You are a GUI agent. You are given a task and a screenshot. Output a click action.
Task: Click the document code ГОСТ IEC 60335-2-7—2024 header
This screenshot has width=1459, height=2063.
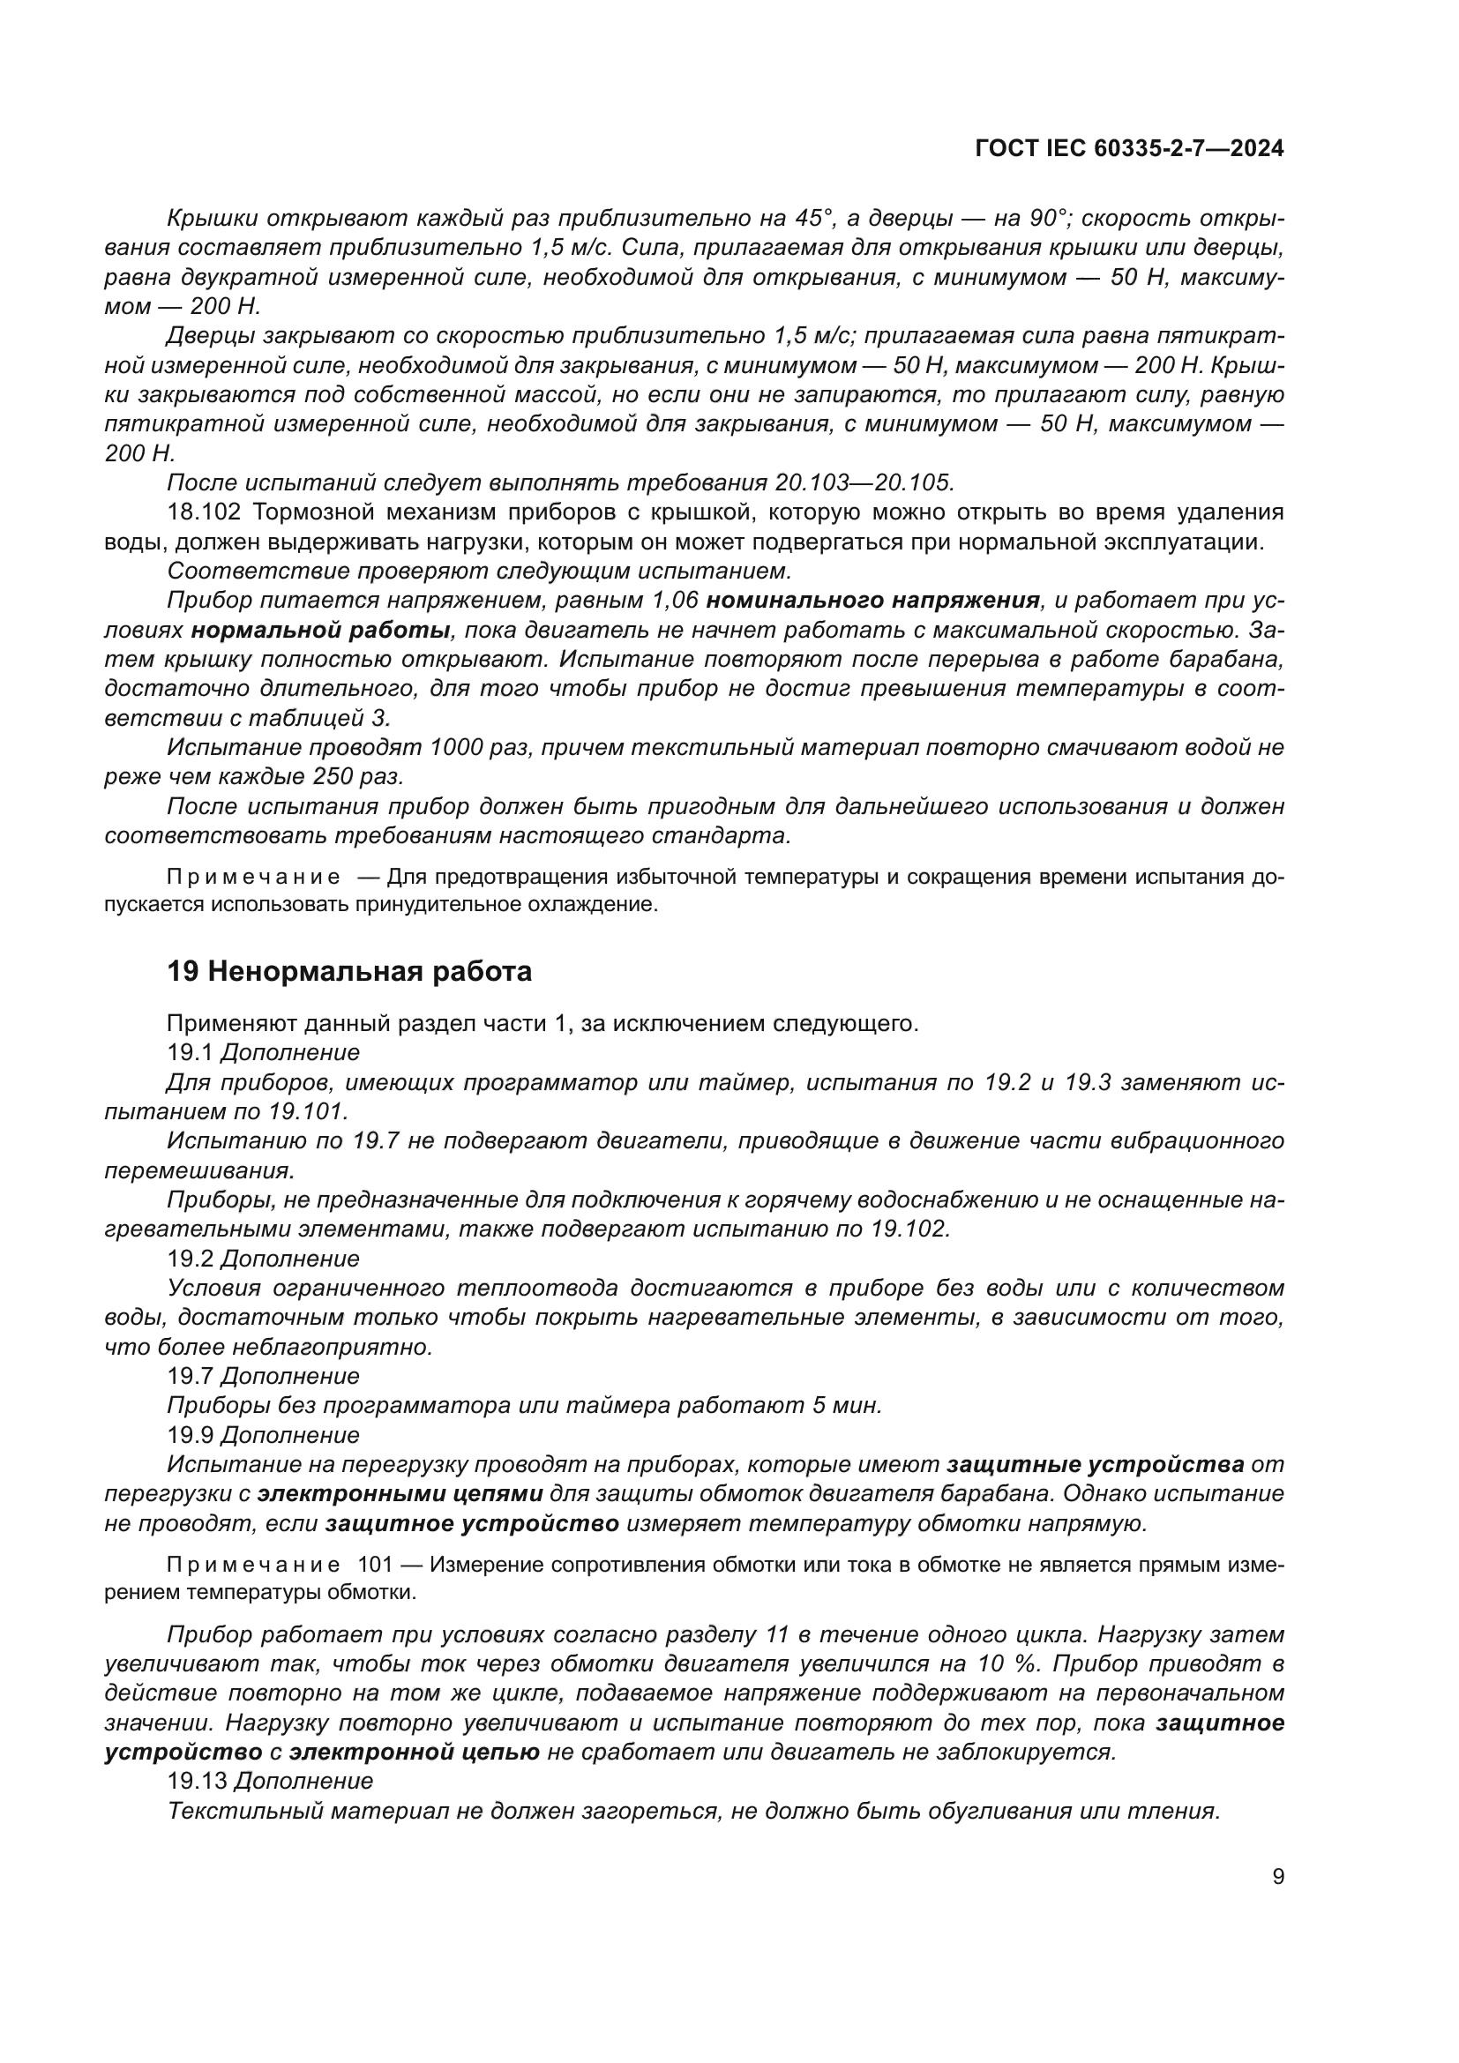click(1128, 149)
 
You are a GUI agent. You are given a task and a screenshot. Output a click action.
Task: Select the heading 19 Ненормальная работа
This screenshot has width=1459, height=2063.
click(348, 971)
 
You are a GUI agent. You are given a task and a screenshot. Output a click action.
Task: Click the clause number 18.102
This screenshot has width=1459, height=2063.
click(204, 512)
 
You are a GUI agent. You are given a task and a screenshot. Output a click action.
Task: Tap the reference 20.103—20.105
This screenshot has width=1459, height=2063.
click(863, 482)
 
